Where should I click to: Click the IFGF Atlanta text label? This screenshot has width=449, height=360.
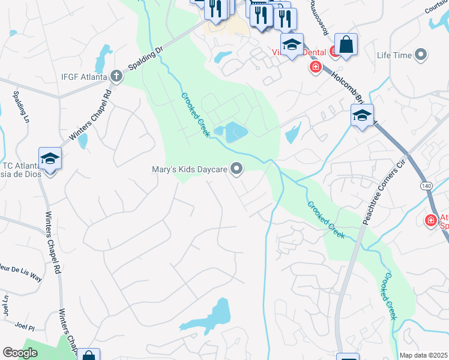83,77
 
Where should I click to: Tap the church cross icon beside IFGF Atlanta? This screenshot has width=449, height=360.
116,77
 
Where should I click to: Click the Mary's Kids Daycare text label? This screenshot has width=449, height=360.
188,170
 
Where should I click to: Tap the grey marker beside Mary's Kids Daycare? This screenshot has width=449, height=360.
237,170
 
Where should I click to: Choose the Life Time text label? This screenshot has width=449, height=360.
394,55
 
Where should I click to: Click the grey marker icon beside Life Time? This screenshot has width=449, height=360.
421,55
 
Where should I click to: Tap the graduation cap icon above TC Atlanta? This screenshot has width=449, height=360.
50,159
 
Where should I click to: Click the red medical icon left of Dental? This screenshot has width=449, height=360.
315,67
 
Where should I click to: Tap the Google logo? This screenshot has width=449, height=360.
20,353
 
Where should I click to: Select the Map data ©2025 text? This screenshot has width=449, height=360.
423,355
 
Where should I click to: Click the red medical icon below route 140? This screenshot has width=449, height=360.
430,221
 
